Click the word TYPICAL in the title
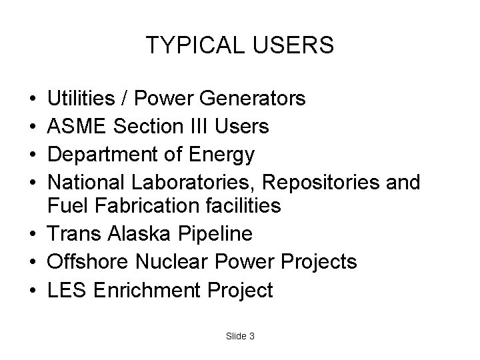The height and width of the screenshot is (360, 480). coord(191,46)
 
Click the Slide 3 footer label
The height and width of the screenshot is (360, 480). coord(239,337)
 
